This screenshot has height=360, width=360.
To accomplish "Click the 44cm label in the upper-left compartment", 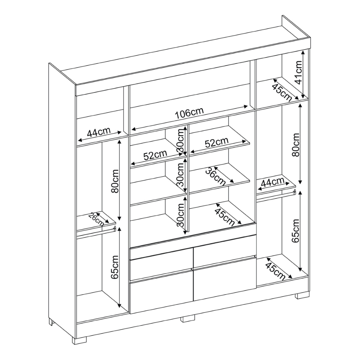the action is coord(99,132).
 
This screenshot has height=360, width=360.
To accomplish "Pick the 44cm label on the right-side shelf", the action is coord(272,182).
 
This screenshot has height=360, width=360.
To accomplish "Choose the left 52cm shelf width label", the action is coord(155,155).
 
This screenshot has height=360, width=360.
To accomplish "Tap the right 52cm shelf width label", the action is coord(217,143).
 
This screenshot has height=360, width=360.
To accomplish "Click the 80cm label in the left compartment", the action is coord(115,181).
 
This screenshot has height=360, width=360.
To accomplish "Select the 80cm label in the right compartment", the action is coord(296,144).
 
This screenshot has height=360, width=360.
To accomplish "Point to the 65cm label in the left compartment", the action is coord(115,267).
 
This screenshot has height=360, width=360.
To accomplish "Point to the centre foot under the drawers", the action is coord(188,319).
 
